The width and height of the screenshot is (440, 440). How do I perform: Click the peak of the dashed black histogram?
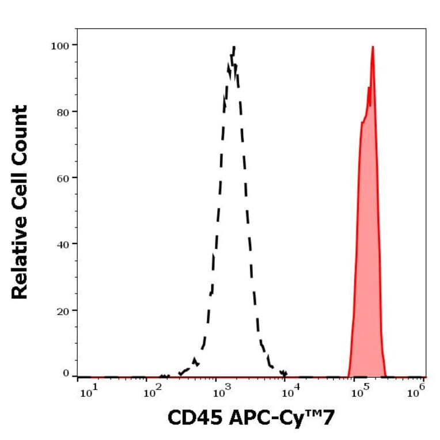pyautogui.click(x=233, y=47)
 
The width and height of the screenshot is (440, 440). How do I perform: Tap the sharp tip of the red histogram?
pyautogui.click(x=373, y=47)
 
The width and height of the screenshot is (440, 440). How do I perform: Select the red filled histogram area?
pyautogui.click(x=367, y=242)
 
